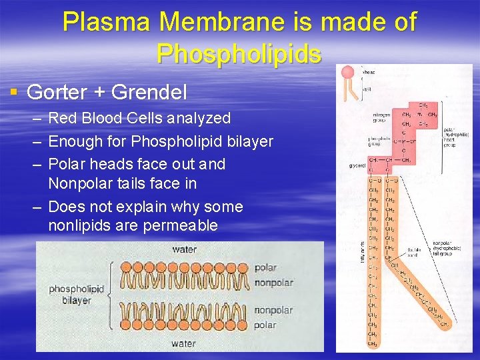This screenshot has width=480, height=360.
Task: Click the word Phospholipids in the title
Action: [239, 53]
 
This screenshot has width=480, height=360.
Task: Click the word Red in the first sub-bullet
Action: [63, 119]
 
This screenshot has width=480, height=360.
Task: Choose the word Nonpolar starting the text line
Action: [79, 183]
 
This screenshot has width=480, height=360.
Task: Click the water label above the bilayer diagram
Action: [184, 250]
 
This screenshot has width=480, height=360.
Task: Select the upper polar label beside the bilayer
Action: [265, 268]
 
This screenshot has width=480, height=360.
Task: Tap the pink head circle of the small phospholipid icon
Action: [347, 73]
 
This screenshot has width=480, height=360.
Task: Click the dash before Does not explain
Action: [35, 206]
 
